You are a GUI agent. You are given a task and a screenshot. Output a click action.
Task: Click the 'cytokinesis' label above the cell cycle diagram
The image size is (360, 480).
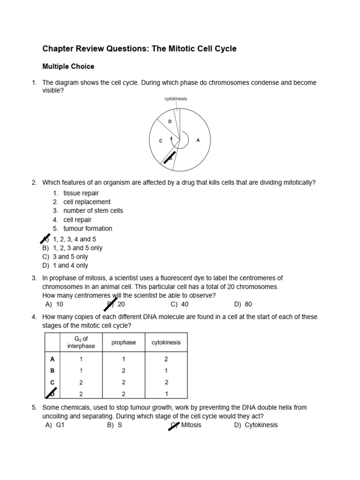[176, 99]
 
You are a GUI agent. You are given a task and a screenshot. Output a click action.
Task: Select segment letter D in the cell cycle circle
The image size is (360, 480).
[170, 121]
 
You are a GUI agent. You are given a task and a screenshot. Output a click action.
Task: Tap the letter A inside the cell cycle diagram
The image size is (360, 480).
[198, 140]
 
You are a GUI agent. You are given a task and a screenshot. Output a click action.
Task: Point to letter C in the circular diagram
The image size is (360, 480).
[160, 141]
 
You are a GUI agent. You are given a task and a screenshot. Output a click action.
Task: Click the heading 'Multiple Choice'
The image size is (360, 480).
[68, 67]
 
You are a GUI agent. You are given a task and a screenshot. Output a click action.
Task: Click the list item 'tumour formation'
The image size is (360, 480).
[88, 229]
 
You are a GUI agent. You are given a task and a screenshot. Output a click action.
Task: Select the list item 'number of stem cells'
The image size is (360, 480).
[93, 211]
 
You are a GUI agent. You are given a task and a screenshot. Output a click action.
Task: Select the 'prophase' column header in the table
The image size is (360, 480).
[124, 343]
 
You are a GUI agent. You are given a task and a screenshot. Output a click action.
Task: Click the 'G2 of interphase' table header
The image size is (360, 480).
[81, 343]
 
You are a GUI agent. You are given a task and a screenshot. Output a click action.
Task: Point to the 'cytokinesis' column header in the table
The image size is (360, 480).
[166, 343]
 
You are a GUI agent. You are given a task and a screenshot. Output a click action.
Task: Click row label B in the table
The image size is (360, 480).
[52, 370]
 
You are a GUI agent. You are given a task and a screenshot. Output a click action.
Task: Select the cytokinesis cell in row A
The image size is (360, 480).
[166, 359]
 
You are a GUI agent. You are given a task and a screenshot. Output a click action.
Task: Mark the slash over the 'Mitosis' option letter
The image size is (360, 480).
[173, 426]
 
